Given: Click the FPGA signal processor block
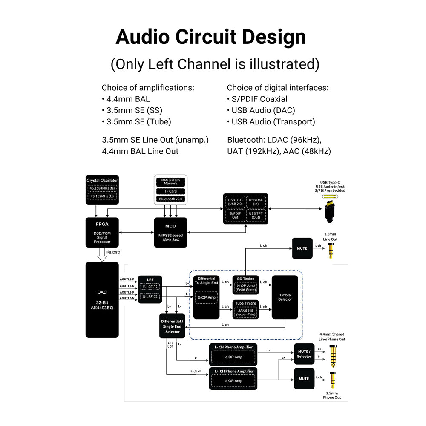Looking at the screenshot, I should pyautogui.click(x=102, y=233).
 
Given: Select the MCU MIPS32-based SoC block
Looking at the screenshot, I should pyautogui.click(x=170, y=233).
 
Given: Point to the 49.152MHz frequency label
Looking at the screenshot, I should pyautogui.click(x=102, y=196).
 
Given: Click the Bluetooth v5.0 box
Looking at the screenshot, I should pyautogui.click(x=170, y=199).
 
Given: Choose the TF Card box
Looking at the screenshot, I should pyautogui.click(x=170, y=191).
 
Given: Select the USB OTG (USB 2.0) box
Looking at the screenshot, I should pyautogui.click(x=234, y=202).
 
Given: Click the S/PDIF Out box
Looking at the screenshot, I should pyautogui.click(x=234, y=215).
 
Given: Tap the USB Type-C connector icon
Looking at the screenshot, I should pyautogui.click(x=329, y=209).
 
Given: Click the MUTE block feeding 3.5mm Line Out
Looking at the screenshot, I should pyautogui.click(x=302, y=248).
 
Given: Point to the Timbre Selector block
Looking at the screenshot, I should pyautogui.click(x=285, y=297).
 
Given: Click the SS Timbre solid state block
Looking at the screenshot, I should pyautogui.click(x=245, y=285).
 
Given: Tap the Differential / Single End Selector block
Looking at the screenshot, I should pyautogui.click(x=172, y=326).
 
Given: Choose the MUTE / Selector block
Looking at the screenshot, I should pyautogui.click(x=304, y=354).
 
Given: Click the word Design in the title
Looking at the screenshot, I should pyautogui.click(x=273, y=37).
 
